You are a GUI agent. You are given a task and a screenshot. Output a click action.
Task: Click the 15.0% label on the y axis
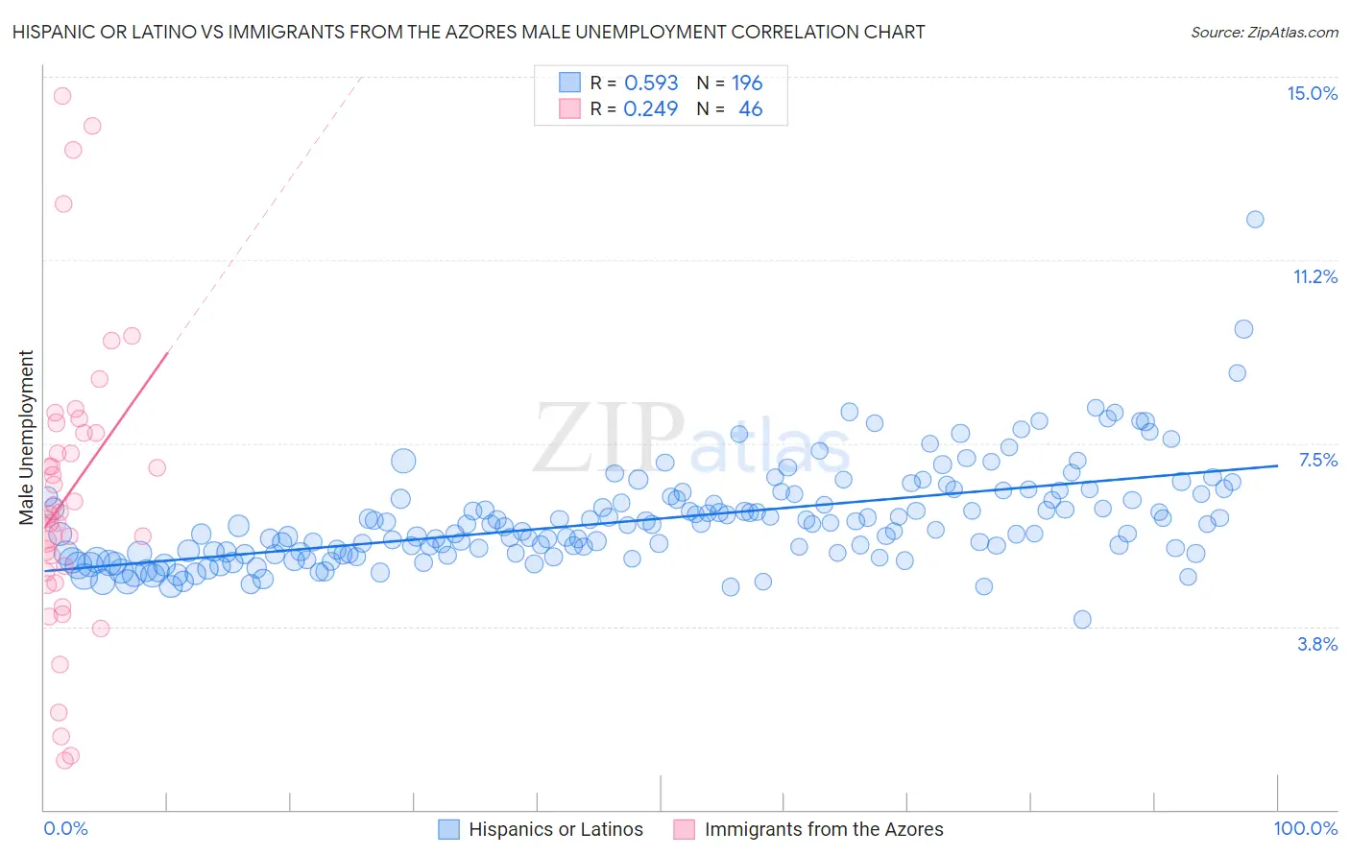[1312, 93]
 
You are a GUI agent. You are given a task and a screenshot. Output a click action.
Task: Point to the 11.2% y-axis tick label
[1314, 276]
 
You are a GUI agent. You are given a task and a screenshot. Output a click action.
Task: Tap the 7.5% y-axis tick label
[1317, 460]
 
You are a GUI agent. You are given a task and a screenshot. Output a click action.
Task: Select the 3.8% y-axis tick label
[1317, 644]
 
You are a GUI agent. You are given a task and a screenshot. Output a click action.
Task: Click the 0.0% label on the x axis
[65, 828]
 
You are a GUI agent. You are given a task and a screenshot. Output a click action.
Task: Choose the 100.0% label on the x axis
[1305, 828]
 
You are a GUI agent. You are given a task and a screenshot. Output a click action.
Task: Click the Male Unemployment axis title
[26, 437]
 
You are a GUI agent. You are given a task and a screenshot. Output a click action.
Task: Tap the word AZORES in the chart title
[497, 32]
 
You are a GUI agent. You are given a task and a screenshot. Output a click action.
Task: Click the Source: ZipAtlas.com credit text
[1264, 32]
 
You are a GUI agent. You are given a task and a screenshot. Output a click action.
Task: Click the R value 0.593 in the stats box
[651, 83]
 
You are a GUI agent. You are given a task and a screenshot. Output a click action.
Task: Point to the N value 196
[747, 83]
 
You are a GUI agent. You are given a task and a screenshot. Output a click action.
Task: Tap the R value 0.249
[651, 108]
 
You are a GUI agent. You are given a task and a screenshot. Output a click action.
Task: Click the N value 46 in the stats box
[750, 108]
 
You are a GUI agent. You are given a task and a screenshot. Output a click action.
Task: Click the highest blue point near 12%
[1255, 219]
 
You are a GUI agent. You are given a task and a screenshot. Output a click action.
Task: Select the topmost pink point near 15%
[62, 95]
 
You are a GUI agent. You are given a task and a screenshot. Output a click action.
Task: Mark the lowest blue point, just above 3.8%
[1082, 619]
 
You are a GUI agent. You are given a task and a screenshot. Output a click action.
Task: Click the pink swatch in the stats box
[569, 108]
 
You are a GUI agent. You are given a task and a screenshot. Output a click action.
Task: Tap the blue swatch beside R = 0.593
[569, 83]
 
